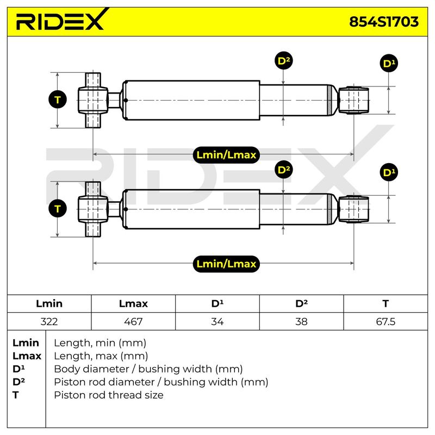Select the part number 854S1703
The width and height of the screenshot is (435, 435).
point(384,22)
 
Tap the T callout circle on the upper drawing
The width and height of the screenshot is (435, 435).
point(58,100)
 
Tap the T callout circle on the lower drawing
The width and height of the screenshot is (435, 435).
point(58,209)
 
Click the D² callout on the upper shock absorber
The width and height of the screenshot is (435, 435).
point(283,60)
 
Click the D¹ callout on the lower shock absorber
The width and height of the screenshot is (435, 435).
point(389,172)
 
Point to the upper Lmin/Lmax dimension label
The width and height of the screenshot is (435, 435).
point(226,155)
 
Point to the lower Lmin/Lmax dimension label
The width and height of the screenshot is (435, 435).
point(226,264)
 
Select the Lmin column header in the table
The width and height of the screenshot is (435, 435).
point(49,303)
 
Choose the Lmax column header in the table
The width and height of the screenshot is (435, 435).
point(133,303)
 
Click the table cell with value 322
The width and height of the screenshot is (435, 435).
point(49,321)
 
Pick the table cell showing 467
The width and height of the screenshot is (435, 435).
point(133,321)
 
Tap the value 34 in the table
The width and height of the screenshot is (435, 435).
point(217,321)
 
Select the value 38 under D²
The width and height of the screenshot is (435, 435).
point(301,321)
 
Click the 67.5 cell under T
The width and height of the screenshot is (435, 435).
point(386,321)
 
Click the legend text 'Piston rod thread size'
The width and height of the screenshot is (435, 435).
point(108,395)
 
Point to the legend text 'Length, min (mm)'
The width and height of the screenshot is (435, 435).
point(100,343)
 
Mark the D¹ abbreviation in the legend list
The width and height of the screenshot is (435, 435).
point(18,369)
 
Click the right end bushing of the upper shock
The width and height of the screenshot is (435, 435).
point(354,100)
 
